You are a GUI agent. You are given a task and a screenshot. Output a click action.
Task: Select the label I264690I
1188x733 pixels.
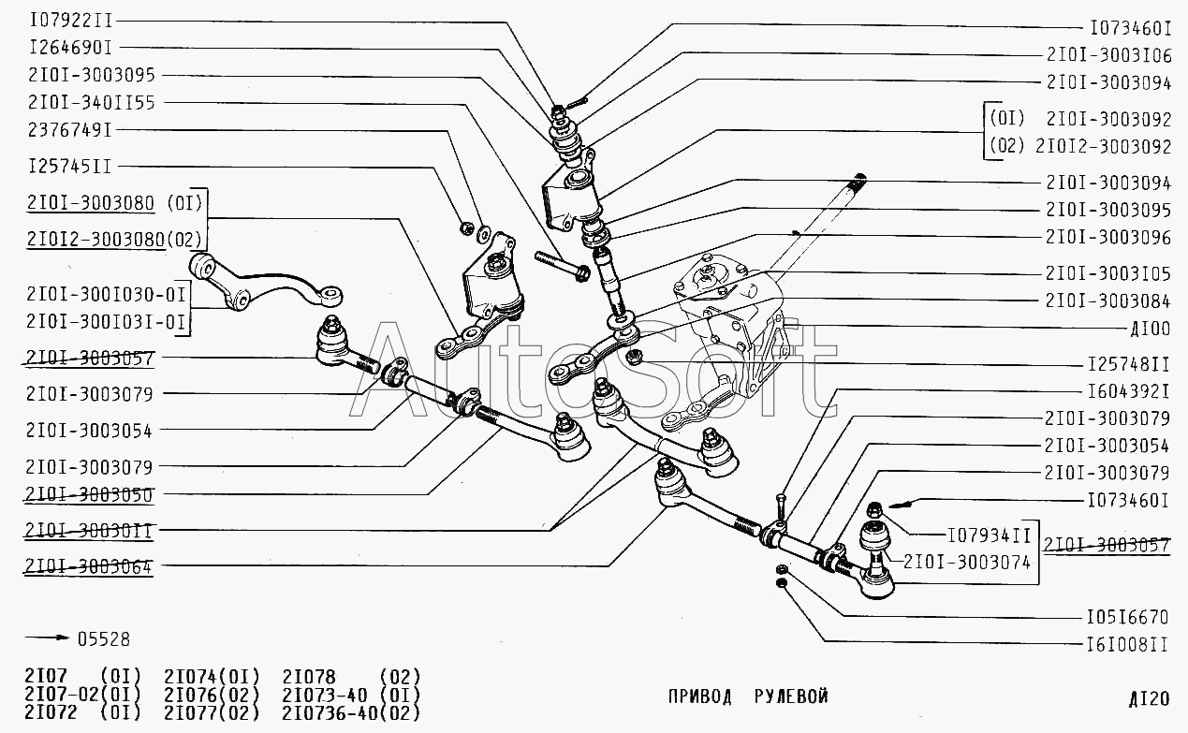point(70,47)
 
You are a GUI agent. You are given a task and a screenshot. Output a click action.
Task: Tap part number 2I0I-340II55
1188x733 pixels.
point(92,101)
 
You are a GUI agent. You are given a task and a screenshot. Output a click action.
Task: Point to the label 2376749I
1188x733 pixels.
point(70,129)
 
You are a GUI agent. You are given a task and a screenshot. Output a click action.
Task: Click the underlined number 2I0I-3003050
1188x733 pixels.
point(90,493)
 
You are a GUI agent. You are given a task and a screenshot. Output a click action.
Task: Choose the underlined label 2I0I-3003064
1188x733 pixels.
point(90,565)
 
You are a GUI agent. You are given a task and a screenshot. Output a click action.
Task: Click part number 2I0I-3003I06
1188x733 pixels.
point(1108,55)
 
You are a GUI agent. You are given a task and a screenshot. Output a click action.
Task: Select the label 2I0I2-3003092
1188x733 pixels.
point(1103,147)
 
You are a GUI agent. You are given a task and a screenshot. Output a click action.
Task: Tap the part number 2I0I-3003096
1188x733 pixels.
point(1108,238)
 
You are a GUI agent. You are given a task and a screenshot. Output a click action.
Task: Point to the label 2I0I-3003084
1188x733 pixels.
point(1108,301)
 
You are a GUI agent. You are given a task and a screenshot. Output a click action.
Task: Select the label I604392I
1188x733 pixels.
point(1129,389)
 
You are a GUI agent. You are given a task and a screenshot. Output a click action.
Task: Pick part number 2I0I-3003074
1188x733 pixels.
point(968,563)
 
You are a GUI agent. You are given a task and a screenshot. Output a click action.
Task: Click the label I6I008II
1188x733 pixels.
point(1128,644)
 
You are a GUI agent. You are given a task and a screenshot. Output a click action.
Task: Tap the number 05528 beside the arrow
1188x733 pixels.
point(103,639)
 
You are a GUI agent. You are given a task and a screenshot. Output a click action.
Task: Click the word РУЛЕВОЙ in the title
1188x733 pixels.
point(791,696)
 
